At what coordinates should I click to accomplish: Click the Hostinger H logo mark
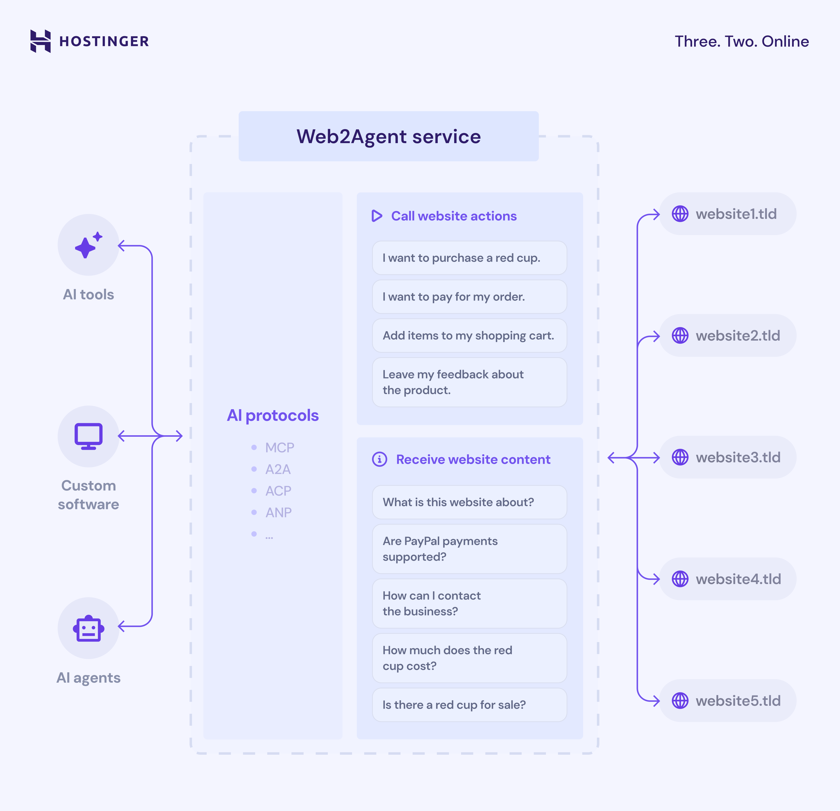41,41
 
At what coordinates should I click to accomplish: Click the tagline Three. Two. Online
741,42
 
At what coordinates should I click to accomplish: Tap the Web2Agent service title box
388,136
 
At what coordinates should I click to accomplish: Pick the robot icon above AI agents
88,629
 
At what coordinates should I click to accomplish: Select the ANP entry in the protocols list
278,512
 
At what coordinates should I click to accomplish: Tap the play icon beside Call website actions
377,216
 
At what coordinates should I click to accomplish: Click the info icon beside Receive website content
379,459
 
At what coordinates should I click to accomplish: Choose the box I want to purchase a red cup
469,258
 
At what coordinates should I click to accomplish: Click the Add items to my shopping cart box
469,335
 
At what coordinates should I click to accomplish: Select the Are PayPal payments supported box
469,549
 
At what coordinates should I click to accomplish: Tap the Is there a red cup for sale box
469,705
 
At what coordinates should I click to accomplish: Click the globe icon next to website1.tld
680,214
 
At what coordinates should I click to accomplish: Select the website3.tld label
738,457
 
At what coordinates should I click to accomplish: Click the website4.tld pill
727,579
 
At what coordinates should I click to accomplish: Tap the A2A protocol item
278,469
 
